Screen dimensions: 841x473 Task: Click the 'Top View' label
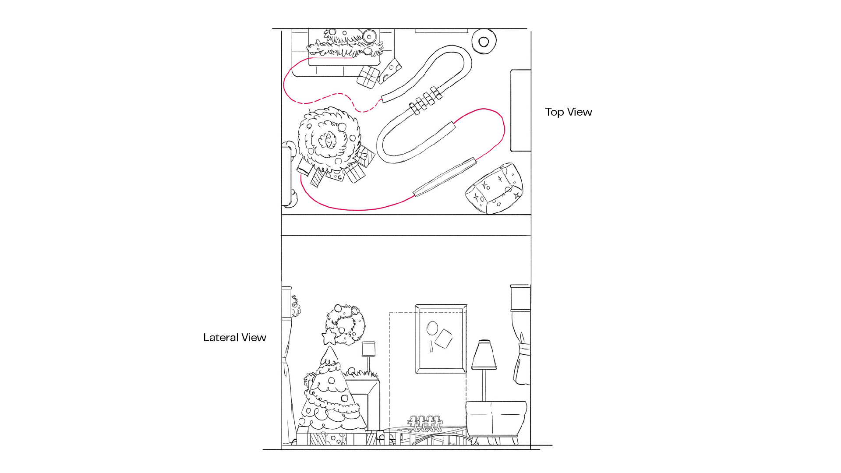coord(568,112)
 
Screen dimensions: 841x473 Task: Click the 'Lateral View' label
coord(235,337)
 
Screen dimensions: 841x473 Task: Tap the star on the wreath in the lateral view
coord(329,337)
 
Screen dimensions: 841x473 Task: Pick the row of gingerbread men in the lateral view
coord(424,424)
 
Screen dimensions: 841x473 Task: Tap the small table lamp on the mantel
coord(369,356)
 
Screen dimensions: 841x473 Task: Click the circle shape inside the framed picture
coord(432,328)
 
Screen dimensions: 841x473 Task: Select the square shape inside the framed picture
coord(444,339)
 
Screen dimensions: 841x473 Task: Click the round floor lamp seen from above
coord(484,42)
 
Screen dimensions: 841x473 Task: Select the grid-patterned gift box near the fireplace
coord(368,77)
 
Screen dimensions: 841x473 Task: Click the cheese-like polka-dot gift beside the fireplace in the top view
coord(390,71)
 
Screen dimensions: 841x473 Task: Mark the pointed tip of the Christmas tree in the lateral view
coord(329,346)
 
